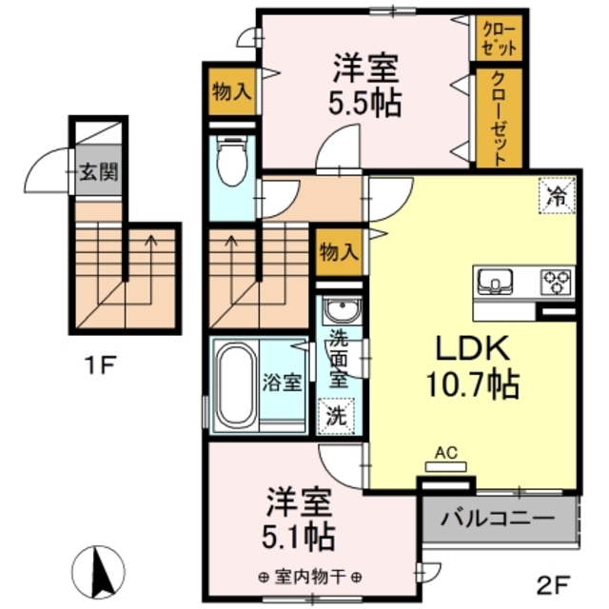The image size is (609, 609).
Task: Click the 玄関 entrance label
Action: [98, 173]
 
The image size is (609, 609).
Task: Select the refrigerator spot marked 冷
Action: [556, 197]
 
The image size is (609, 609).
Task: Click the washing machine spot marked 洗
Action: [336, 414]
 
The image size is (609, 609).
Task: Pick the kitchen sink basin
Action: [495, 281]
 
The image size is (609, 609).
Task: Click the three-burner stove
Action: [555, 281]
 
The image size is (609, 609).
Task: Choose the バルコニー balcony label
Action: [498, 521]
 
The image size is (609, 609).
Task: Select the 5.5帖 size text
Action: [365, 102]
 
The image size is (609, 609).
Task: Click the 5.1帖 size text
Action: [299, 537]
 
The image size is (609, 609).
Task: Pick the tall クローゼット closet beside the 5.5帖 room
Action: [499, 119]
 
